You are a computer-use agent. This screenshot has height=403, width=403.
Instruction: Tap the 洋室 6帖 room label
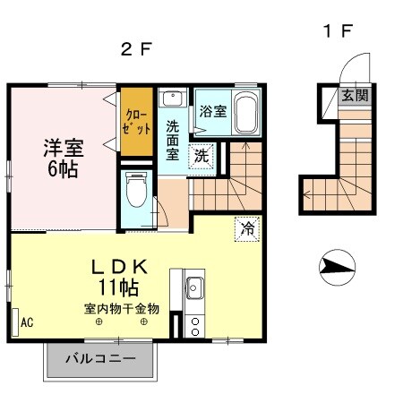(x=62, y=156)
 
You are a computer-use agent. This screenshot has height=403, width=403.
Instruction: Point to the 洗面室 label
(x=172, y=138)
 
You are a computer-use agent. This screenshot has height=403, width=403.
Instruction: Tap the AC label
(x=27, y=322)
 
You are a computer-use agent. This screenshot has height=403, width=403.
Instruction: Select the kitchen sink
(x=194, y=289)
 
